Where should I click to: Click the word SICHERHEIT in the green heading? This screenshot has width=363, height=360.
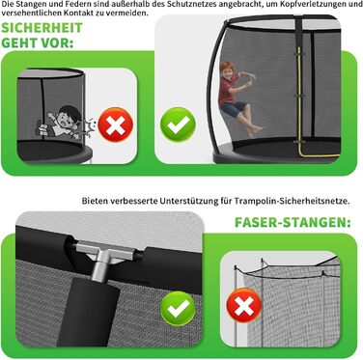point(42,28)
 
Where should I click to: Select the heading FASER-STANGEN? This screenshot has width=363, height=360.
point(293,222)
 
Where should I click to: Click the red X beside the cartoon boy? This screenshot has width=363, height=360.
point(116,125)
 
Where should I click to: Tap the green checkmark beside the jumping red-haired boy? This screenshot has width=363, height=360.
point(178,125)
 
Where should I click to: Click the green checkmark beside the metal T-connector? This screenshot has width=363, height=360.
point(178,309)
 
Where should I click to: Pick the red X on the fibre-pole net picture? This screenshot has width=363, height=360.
point(244,305)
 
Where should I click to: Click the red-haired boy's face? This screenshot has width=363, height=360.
point(228,71)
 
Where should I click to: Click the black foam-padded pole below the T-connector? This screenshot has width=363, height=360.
point(89,312)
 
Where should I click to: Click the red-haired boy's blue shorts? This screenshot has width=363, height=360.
point(234,108)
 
